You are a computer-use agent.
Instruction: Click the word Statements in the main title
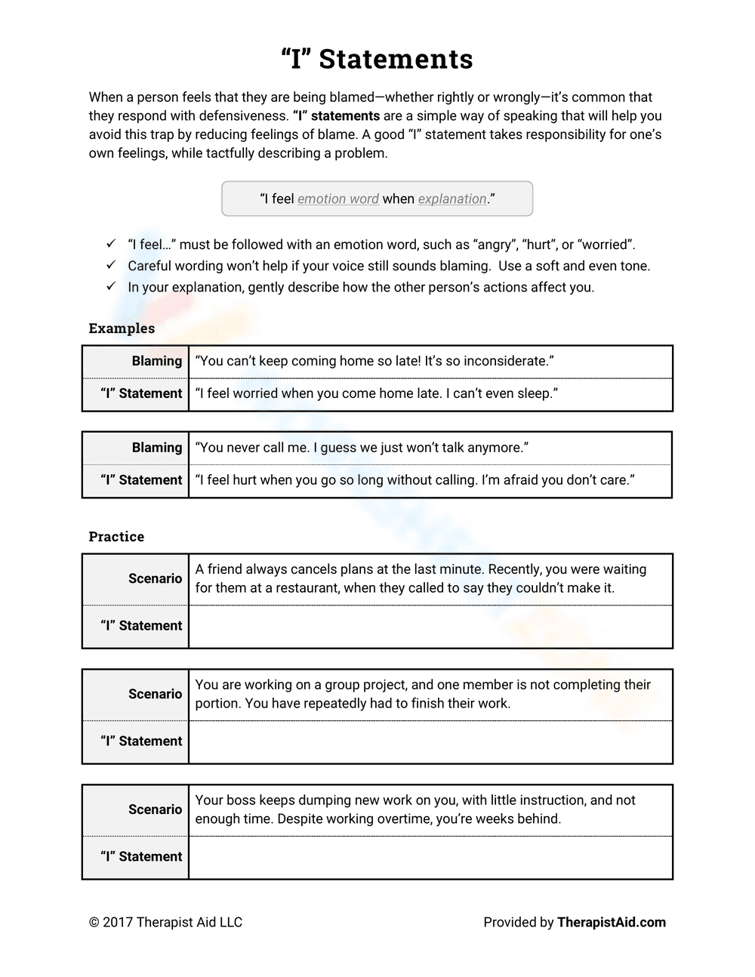396,59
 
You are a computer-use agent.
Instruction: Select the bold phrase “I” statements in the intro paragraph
336,116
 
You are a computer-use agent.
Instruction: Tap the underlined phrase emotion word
338,199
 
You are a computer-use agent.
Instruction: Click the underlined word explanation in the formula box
452,199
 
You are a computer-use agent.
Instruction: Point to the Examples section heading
122,328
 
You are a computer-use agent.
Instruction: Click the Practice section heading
116,537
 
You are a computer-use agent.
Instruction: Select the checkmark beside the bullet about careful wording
111,266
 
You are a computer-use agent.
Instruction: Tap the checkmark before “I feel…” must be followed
111,245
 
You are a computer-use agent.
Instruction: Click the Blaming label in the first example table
157,362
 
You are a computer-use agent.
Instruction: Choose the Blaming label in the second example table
157,448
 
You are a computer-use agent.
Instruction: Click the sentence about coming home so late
374,362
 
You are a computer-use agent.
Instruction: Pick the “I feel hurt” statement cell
414,480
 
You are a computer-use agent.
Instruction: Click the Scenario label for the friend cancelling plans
155,579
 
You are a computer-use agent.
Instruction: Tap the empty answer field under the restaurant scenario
430,627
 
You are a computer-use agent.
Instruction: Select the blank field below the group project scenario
430,742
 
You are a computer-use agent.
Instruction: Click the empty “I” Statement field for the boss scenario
430,858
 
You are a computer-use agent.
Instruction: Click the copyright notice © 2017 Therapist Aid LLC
165,923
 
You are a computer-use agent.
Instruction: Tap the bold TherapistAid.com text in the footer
612,923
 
